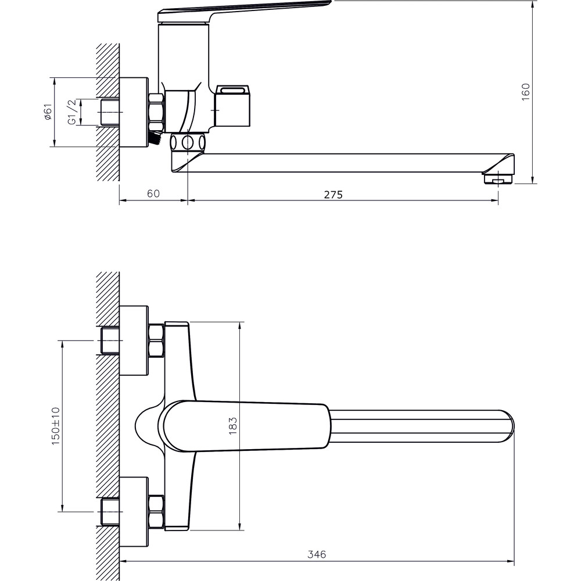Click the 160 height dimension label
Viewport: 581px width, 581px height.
525,92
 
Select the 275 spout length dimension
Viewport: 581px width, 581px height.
333,195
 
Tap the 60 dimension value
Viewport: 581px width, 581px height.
153,193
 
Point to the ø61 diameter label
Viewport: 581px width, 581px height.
48,112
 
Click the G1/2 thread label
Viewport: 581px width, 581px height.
72,112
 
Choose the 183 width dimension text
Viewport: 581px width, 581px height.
232,426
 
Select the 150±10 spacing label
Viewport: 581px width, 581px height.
55,426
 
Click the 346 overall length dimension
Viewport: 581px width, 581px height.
317,554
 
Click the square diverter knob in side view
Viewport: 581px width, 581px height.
234,106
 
